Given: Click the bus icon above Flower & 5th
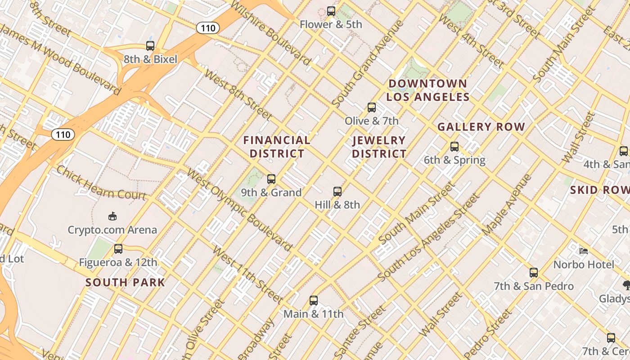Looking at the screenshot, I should [x=331, y=11].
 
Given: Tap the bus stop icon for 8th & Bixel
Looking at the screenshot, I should [x=150, y=46].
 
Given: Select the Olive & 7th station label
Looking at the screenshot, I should [x=371, y=121].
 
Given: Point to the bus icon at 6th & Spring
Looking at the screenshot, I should [x=454, y=147].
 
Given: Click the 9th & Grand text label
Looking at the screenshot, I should [x=271, y=193].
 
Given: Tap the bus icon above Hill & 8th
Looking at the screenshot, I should [x=337, y=192].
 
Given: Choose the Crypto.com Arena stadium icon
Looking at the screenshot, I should [x=112, y=217].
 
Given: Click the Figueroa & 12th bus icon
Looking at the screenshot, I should [x=118, y=249].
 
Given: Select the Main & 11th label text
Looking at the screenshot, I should [x=313, y=314].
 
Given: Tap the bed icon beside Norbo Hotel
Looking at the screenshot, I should [x=584, y=251].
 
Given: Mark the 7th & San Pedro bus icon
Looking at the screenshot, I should [x=534, y=273].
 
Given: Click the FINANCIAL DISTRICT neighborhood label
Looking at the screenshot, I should [x=277, y=147].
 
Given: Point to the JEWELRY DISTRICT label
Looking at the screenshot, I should [x=379, y=147].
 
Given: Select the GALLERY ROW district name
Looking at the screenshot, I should [x=481, y=127].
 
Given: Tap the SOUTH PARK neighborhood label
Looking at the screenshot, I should [x=125, y=283].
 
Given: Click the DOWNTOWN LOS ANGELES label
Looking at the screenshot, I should [x=427, y=90].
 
